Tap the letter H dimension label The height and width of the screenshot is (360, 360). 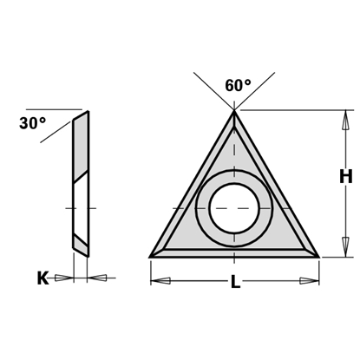click(345, 177)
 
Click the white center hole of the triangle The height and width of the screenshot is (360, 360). click(231, 208)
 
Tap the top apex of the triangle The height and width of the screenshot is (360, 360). click(235, 110)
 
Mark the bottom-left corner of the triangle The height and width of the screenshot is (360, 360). click(153, 255)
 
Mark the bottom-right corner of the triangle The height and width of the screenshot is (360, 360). click(318, 255)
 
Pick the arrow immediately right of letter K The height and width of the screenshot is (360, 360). click(62, 278)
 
